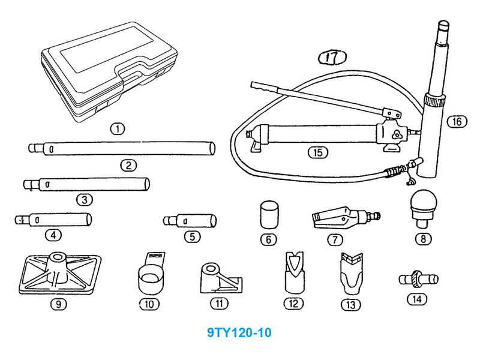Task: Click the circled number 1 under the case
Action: pos(118,128)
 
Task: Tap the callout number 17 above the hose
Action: pos(332,58)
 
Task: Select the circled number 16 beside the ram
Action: pos(456,121)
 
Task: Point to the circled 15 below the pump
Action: pos(318,152)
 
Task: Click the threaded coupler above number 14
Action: pos(418,279)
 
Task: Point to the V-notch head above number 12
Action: pos(293,271)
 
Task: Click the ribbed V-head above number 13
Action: pos(349,271)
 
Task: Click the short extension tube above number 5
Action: pos(191,219)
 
